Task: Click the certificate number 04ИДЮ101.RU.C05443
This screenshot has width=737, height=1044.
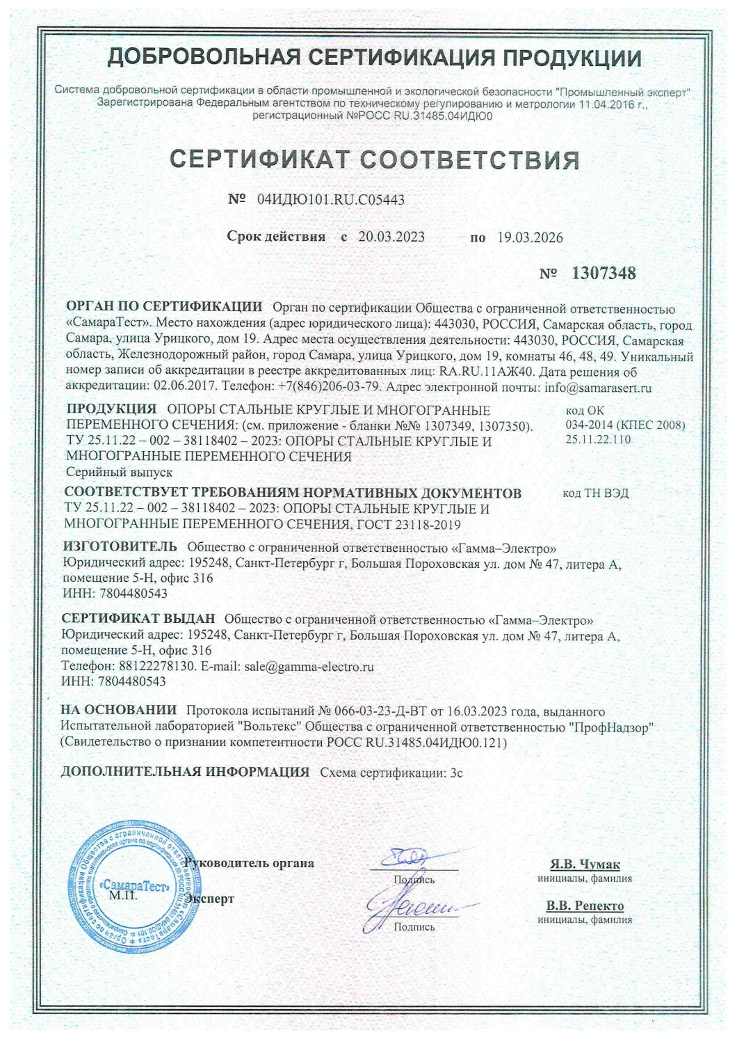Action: pos(331,200)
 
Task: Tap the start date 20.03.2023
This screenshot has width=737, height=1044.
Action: pos(391,237)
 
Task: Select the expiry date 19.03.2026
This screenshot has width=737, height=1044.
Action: pos(530,237)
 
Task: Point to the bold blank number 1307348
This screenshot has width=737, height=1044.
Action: pos(603,274)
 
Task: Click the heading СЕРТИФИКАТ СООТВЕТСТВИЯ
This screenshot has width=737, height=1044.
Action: pos(375,159)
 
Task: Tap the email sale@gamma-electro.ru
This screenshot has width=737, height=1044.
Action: pos(309,666)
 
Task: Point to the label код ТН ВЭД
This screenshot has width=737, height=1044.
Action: pos(596,493)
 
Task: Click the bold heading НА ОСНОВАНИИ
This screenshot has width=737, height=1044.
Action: pos(119,711)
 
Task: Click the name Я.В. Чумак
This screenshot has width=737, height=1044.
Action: pos(585,864)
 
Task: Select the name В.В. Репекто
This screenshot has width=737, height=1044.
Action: pos(585,906)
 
